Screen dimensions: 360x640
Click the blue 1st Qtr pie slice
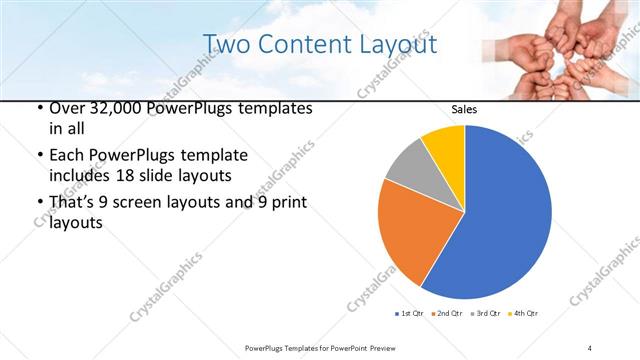[500, 220]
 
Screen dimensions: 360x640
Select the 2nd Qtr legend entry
[445, 313]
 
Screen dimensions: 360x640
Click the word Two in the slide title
[225, 44]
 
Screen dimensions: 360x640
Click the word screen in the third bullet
[139, 203]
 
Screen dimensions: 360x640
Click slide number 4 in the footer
[590, 347]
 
